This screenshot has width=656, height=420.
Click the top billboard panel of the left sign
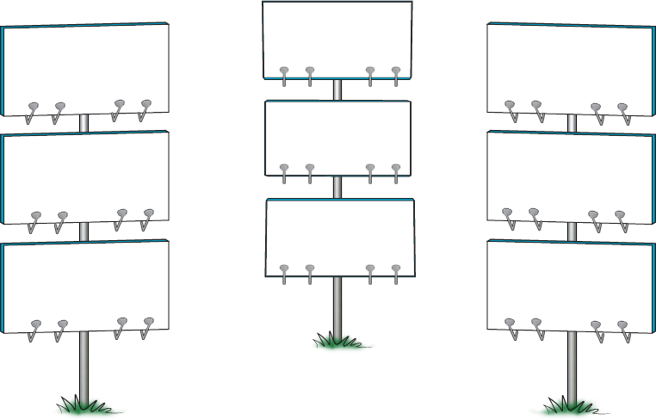(86, 65)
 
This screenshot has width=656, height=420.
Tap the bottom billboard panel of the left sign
(86, 284)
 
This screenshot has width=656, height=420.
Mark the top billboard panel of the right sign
(570, 65)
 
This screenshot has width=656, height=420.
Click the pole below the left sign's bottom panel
(84, 366)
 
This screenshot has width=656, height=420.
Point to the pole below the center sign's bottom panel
(337, 306)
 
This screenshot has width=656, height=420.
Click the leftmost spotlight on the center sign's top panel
(284, 73)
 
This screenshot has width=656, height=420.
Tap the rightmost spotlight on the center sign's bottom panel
(396, 271)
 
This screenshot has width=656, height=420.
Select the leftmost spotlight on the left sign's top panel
(33, 109)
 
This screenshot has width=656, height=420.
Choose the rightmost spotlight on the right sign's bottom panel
(622, 327)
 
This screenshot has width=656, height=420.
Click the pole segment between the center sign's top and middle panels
(337, 90)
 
